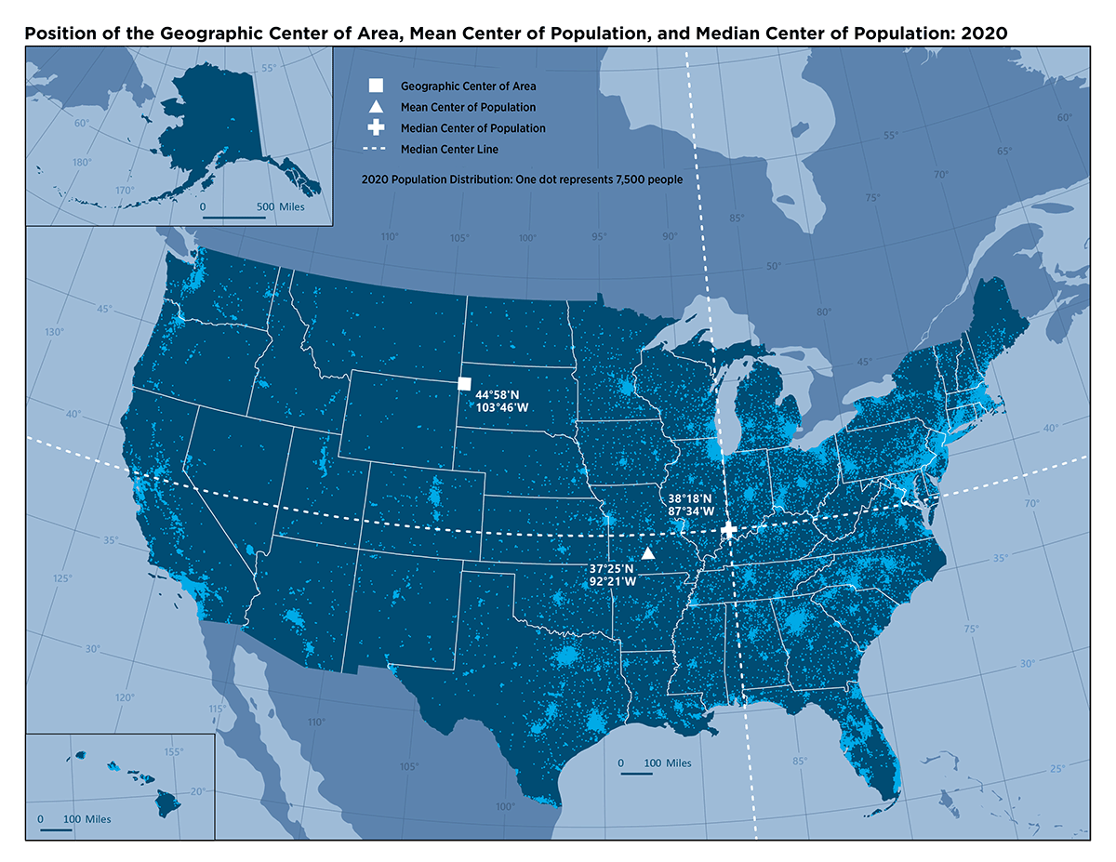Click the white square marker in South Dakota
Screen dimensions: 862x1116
[x=465, y=384]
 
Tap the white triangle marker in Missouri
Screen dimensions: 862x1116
[x=648, y=553]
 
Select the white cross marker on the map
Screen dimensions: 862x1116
[x=729, y=529]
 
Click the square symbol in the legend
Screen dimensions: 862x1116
[x=376, y=86]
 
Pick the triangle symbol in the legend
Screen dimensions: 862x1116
[x=376, y=107]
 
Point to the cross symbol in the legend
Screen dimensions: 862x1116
[x=376, y=128]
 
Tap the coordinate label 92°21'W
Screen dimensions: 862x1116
[x=612, y=581]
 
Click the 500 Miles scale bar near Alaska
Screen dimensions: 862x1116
[x=233, y=219]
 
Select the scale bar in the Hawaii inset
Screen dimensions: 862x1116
[x=56, y=829]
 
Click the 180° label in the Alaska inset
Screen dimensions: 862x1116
[x=82, y=163]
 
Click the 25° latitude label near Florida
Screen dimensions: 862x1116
[x=1057, y=769]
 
